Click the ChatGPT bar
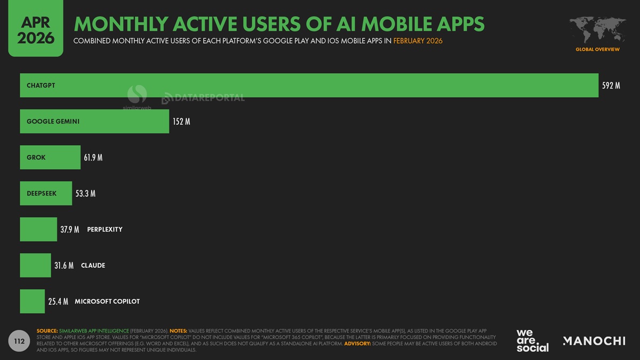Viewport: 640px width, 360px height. pos(309,85)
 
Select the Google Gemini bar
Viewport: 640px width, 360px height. pos(94,122)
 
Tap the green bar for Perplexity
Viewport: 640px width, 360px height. pos(38,229)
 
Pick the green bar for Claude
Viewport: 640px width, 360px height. pos(35,265)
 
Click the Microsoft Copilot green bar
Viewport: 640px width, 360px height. pos(32,301)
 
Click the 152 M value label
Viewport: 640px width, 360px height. pos(181,122)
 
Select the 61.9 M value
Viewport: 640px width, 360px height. pos(93,157)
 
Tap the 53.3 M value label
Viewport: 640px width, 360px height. pos(85,194)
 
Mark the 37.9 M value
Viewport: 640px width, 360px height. pos(69,229)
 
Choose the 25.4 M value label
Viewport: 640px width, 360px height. pos(58,301)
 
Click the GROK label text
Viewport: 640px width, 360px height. pos(36,157)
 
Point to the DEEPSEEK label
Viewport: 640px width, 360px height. pos(42,194)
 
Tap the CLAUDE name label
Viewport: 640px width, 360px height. pos(93,265)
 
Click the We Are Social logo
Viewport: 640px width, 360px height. pos(532,341)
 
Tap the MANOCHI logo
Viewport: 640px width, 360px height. pos(594,341)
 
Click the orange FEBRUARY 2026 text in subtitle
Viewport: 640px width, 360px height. pos(418,41)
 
